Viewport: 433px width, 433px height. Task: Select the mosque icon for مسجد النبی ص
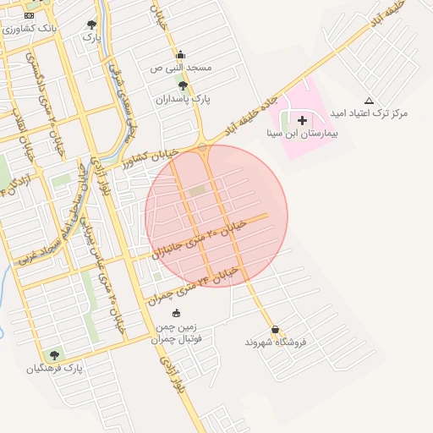(179, 55)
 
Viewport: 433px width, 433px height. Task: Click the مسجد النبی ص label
(180, 67)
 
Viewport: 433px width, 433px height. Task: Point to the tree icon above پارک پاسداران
(182, 85)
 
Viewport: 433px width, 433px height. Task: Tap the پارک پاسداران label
(182, 98)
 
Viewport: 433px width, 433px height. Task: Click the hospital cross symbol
(302, 121)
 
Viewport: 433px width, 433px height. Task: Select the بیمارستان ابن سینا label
(302, 134)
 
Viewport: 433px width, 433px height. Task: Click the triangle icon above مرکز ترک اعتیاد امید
(368, 101)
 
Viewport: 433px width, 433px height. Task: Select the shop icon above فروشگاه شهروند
(275, 330)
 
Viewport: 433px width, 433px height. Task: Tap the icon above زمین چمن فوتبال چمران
(175, 315)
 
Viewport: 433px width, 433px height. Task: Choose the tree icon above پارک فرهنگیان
(55, 355)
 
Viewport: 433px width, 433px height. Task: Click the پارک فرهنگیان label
(55, 368)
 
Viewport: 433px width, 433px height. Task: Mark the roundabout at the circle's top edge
(202, 147)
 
